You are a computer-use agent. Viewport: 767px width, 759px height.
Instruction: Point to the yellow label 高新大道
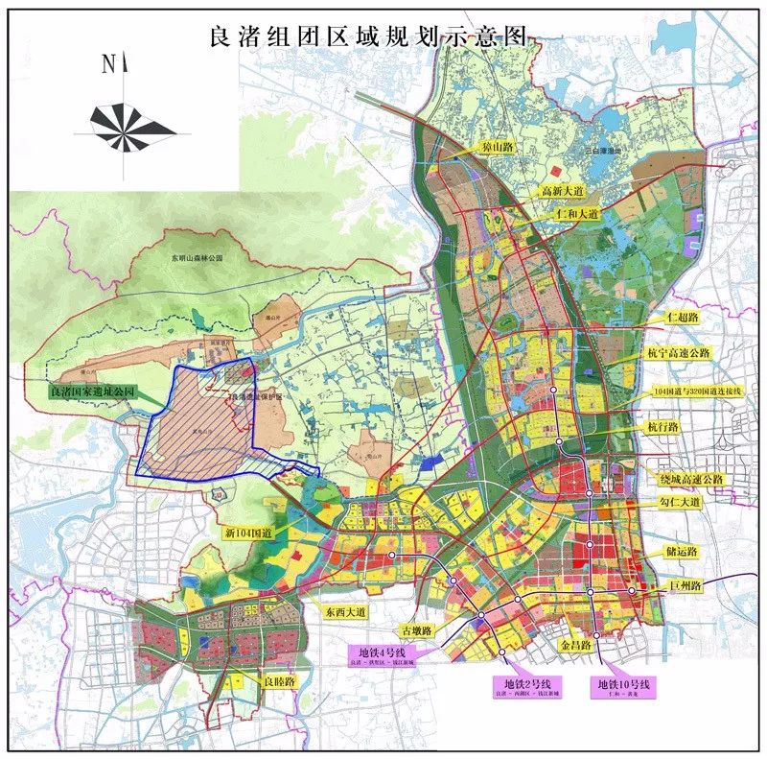point(566,191)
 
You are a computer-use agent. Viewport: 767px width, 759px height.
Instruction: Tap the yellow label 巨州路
point(682,584)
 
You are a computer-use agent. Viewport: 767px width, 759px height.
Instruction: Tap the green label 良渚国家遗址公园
point(93,392)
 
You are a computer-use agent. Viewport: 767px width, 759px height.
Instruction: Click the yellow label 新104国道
point(249,532)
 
